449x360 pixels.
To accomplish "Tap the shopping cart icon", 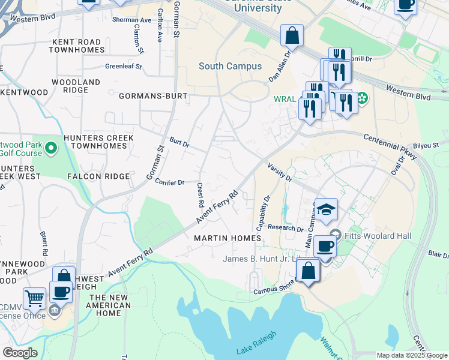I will (x=34, y=298).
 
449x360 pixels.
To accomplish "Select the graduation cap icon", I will (x=327, y=209).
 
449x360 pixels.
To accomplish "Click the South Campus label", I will (x=230, y=66).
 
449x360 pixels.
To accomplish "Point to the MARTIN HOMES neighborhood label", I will (x=228, y=238).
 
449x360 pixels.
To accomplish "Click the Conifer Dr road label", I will (x=169, y=181).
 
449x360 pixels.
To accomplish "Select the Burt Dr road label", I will (x=179, y=145).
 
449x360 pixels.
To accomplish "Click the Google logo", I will (x=20, y=353).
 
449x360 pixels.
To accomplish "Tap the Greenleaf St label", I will (x=123, y=67).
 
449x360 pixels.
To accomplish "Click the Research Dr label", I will (x=286, y=228).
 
